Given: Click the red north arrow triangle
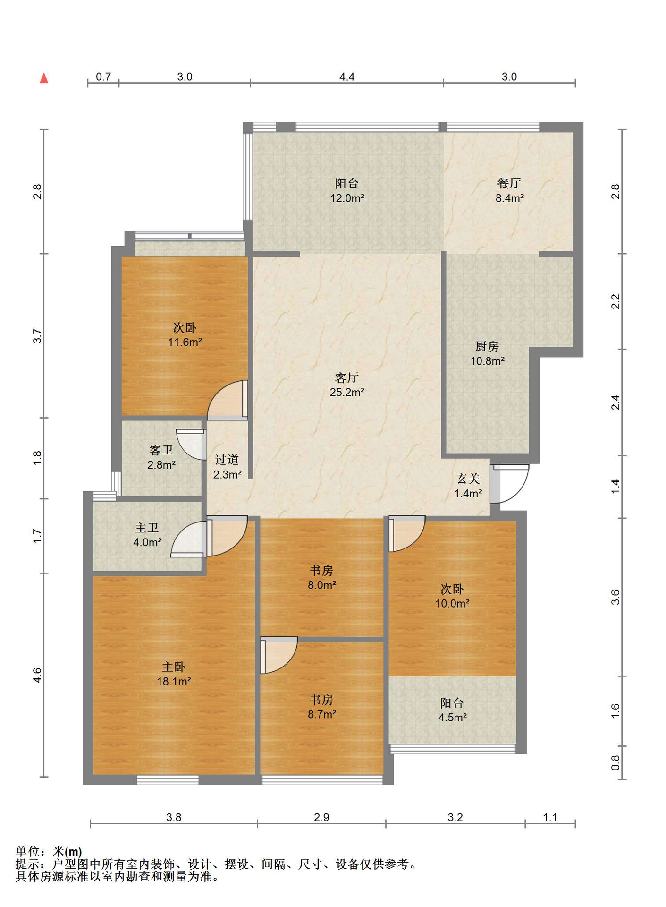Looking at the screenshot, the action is click(x=44, y=78).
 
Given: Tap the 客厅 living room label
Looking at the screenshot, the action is click(x=347, y=377).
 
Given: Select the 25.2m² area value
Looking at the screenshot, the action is click(x=347, y=392).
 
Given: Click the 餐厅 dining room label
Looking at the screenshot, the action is click(x=509, y=183).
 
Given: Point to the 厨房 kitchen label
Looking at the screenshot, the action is click(x=487, y=347).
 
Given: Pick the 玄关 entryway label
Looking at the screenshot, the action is click(x=468, y=479).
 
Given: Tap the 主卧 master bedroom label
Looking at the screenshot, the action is click(x=174, y=667).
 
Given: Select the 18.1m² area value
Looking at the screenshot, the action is click(x=174, y=682).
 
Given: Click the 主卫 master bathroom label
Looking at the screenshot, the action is click(x=147, y=528).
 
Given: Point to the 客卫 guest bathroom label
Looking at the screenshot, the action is click(x=161, y=450).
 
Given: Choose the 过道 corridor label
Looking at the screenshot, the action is click(x=227, y=460).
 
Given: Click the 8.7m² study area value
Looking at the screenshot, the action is click(x=322, y=714).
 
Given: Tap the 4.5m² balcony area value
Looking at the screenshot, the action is click(x=453, y=718).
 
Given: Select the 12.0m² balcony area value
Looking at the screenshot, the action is click(x=347, y=198).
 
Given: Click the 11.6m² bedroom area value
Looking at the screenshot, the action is click(x=185, y=342).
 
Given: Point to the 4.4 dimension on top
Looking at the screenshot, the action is click(x=347, y=77).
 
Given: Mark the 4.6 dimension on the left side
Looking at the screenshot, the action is click(x=37, y=675).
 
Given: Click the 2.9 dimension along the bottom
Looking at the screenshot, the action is click(x=321, y=817).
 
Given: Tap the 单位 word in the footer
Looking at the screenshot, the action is click(x=27, y=851).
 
